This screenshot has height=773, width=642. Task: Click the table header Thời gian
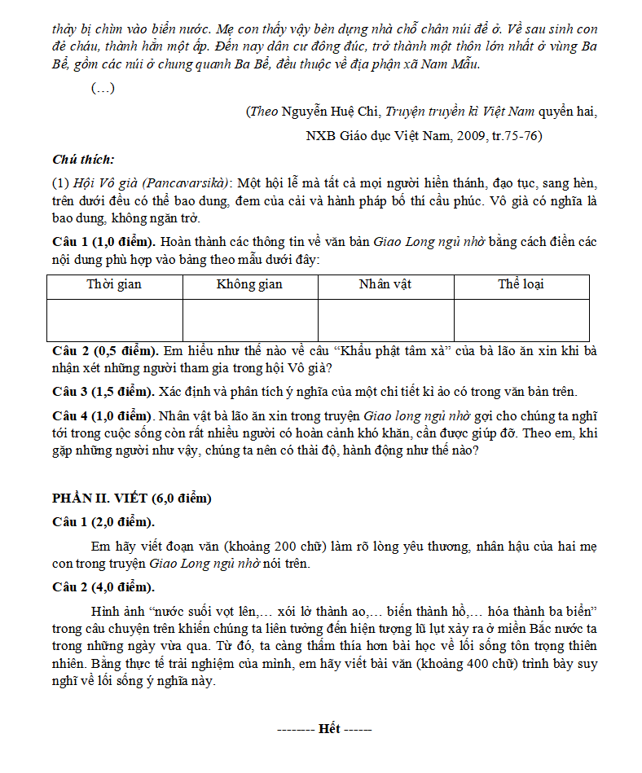click(114, 284)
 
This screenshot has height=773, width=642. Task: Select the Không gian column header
click(249, 284)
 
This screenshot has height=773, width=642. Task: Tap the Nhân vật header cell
click(385, 284)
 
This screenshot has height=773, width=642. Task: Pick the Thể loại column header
click(521, 284)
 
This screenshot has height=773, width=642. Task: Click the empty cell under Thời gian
click(114, 320)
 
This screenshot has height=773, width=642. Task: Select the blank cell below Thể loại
click(521, 320)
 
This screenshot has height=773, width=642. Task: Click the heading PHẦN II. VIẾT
click(131, 498)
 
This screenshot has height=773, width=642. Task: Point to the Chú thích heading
click(83, 160)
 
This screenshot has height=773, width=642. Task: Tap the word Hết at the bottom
click(329, 728)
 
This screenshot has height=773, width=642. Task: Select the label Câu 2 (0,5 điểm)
click(103, 351)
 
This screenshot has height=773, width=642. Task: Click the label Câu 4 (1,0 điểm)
click(103, 415)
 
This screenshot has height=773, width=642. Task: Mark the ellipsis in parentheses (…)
click(103, 89)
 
